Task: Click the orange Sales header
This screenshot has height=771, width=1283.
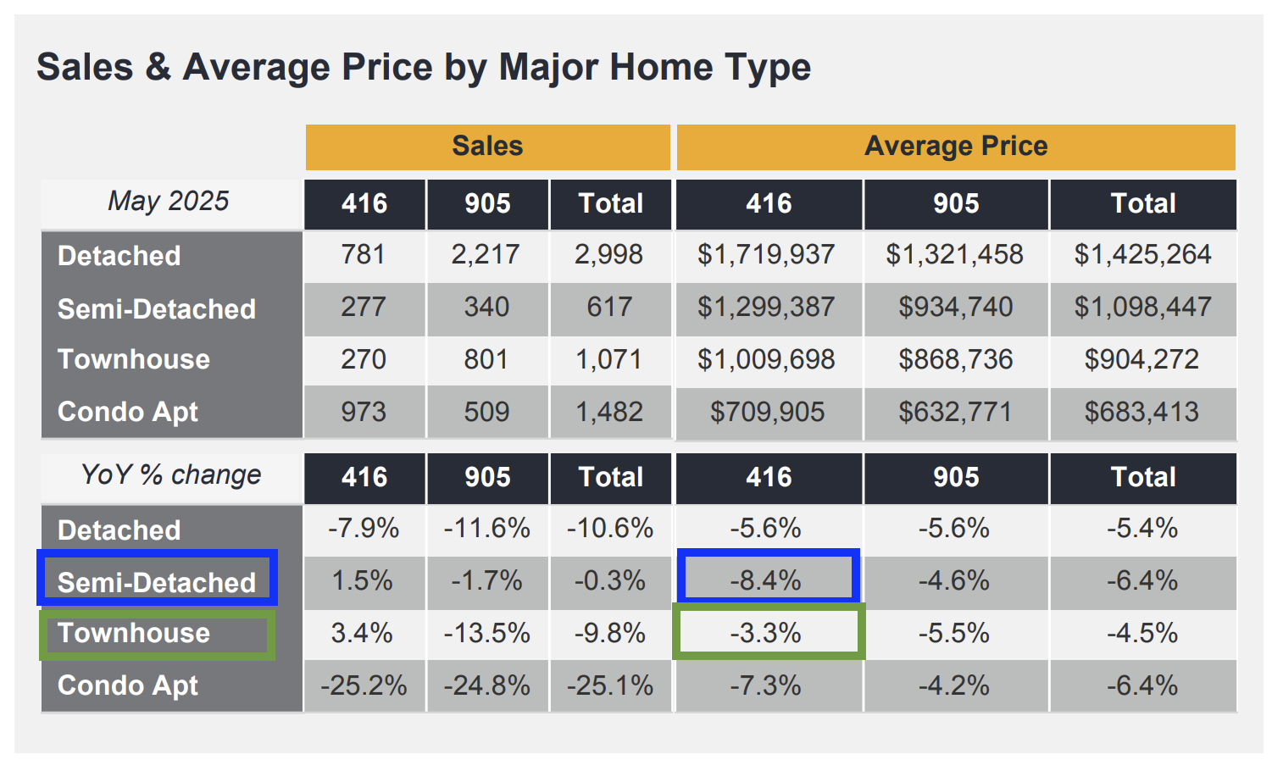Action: [487, 147]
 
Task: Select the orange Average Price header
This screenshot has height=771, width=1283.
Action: [955, 147]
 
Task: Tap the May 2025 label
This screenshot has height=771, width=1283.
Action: [169, 202]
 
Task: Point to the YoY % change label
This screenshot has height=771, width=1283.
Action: [170, 475]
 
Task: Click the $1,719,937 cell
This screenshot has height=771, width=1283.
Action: [766, 255]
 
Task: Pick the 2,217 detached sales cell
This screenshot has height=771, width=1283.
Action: [486, 255]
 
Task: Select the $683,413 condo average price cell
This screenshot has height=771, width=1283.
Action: [1141, 413]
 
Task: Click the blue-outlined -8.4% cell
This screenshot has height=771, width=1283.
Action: [767, 580]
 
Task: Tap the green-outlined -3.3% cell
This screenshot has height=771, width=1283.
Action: [767, 633]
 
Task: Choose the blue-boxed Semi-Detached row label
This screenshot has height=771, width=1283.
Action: [157, 582]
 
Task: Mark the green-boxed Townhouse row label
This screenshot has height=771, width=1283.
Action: [134, 633]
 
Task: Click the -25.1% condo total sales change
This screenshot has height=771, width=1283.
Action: [610, 685]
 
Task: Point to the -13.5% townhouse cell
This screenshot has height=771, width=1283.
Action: [486, 633]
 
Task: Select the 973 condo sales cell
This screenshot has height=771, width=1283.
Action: [364, 413]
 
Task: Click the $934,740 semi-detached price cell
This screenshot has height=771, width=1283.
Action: [955, 308]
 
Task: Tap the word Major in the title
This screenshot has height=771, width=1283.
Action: [549, 67]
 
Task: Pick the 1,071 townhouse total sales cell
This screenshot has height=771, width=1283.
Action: [609, 360]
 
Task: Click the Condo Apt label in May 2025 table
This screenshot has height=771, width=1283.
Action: [128, 412]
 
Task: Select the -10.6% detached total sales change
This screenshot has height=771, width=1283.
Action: [610, 529]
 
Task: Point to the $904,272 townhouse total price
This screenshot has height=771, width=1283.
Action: [1141, 360]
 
